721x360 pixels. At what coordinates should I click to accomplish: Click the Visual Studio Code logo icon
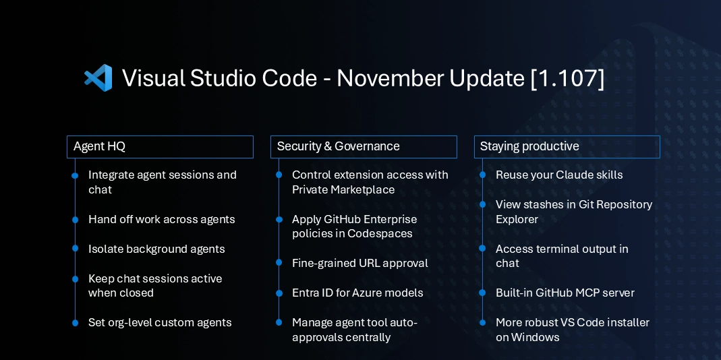pyautogui.click(x=98, y=78)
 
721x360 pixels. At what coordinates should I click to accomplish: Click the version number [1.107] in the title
pyautogui.click(x=567, y=78)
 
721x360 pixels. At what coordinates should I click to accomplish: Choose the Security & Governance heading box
pyautogui.click(x=364, y=146)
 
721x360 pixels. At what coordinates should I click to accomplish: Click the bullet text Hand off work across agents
pyautogui.click(x=161, y=219)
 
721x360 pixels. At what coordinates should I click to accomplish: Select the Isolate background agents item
pyautogui.click(x=156, y=249)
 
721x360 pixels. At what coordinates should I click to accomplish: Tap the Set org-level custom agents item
pyautogui.click(x=160, y=322)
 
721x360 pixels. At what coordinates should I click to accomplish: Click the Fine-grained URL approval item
pyautogui.click(x=359, y=263)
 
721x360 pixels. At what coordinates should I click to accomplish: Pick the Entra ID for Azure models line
pyautogui.click(x=357, y=293)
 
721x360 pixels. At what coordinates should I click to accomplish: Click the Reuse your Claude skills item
pyautogui.click(x=559, y=175)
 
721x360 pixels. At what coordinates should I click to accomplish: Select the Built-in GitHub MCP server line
pyautogui.click(x=565, y=293)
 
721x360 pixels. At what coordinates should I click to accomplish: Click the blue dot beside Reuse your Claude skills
pyautogui.click(x=482, y=175)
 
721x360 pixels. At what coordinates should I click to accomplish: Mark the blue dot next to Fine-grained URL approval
pyautogui.click(x=279, y=263)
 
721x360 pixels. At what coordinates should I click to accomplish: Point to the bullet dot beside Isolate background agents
pyautogui.click(x=75, y=249)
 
